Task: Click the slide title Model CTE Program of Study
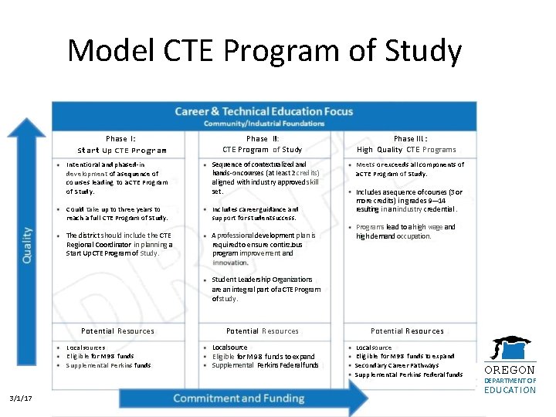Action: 264,52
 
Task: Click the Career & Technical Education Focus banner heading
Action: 263,111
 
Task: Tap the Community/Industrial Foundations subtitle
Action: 263,124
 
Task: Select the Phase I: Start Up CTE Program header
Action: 121,144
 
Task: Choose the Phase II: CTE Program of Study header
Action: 263,144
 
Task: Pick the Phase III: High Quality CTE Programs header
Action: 406,144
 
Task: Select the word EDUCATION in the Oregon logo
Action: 509,390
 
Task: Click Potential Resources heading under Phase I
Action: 117,331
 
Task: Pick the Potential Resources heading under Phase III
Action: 407,331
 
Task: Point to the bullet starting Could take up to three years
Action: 116,213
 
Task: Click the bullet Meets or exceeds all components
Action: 409,169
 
